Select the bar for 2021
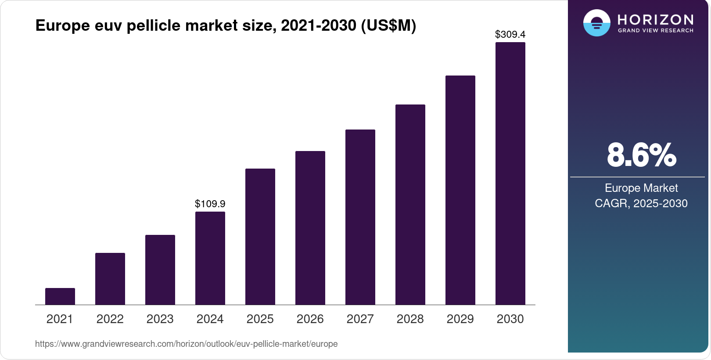[x=60, y=296]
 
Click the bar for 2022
[x=110, y=279]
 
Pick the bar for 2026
[x=310, y=228]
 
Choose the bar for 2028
[x=410, y=205]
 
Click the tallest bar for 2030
[x=510, y=173]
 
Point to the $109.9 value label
[x=210, y=204]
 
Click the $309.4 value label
[x=510, y=34]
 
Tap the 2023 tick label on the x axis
[x=160, y=319]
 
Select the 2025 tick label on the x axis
[x=260, y=319]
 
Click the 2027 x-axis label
[x=360, y=319]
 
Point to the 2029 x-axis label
[x=460, y=319]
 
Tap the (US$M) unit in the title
[x=388, y=25]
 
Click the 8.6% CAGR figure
[x=641, y=155]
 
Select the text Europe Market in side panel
[x=641, y=188]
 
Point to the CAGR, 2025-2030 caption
[x=641, y=203]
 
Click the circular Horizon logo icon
[x=596, y=23]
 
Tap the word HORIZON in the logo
[x=655, y=20]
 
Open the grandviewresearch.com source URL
[x=186, y=344]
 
